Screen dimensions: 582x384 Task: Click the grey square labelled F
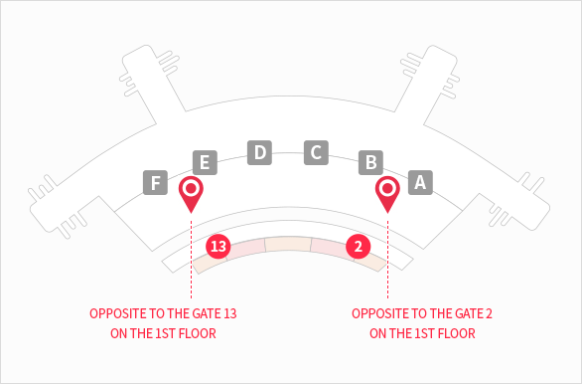[x=156, y=182]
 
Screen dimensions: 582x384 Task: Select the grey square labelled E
[x=205, y=162]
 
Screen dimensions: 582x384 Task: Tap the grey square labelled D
[x=260, y=152]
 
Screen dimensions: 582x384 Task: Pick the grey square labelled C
[x=316, y=152]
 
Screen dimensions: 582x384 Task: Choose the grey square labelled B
[x=370, y=162]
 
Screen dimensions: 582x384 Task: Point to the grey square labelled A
[x=420, y=182]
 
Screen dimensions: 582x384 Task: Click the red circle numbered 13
[x=218, y=246]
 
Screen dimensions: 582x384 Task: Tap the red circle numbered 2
[x=359, y=246]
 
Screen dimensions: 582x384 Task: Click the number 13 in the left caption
[x=230, y=313]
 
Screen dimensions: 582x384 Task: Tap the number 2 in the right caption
[x=489, y=313]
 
